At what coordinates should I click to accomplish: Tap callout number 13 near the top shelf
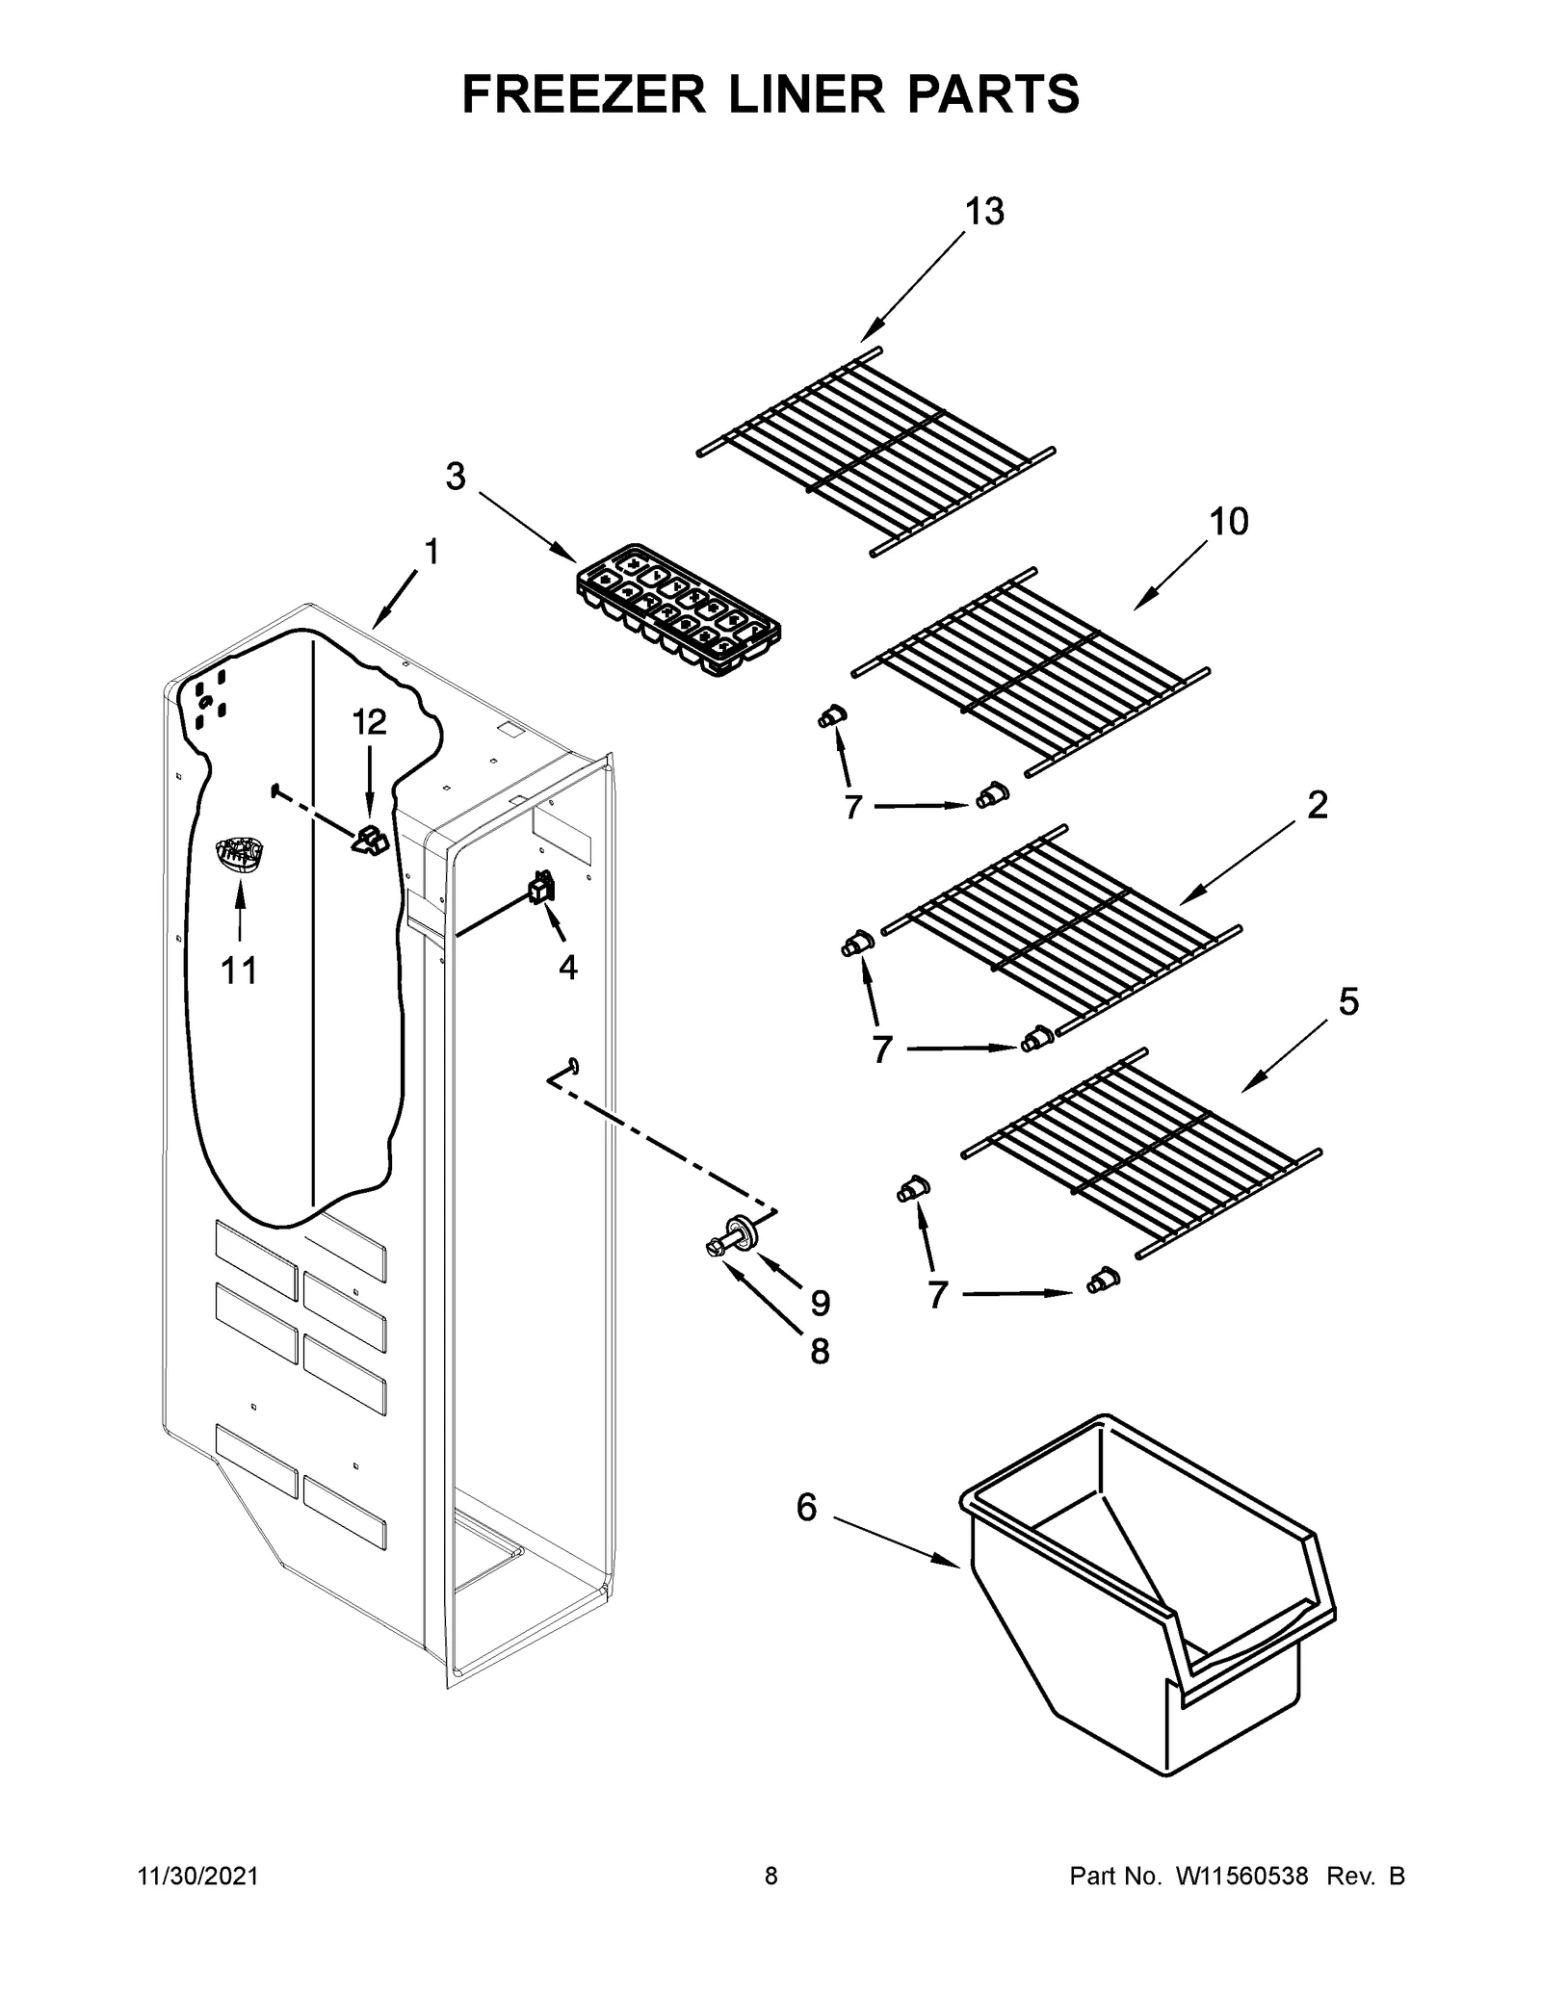point(984,212)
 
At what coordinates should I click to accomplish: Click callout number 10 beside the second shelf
point(1228,522)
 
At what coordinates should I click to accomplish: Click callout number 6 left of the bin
point(806,1507)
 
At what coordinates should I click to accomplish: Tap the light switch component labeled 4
point(541,887)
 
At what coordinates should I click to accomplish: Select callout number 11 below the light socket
point(239,971)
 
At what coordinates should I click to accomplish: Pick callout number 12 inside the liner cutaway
point(368,721)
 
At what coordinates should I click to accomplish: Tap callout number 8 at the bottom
point(819,1352)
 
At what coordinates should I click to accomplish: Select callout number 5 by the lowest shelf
point(1348,1002)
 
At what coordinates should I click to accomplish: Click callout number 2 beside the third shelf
point(1317,805)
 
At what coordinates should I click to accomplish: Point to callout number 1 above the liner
point(431,553)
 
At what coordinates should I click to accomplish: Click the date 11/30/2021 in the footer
point(198,1877)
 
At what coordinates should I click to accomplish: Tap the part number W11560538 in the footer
point(1241,1877)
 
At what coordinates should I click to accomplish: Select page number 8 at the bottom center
point(770,1877)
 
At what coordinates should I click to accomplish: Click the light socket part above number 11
point(238,854)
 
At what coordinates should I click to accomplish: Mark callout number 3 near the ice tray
point(456,476)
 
